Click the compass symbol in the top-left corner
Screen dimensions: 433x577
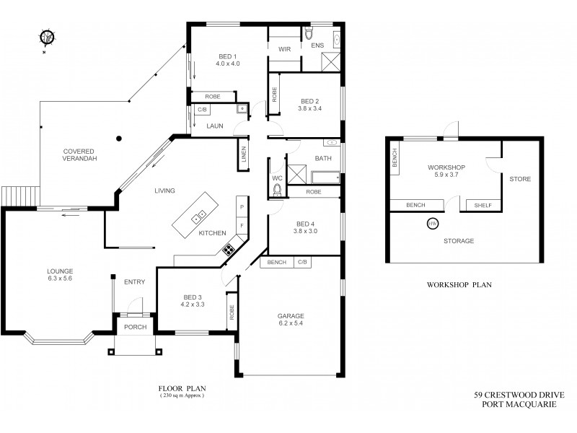(x=47, y=37)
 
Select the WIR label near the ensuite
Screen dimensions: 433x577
(x=284, y=49)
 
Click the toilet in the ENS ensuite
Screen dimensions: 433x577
(x=308, y=35)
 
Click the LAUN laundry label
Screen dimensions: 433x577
(x=215, y=125)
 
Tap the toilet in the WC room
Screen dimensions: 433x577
(x=278, y=190)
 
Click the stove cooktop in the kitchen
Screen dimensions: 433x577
(x=229, y=250)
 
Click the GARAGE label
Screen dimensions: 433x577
(x=291, y=315)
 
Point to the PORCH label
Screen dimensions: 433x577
(x=135, y=327)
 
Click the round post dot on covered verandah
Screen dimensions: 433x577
(x=120, y=137)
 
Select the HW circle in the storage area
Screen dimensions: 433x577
(x=433, y=224)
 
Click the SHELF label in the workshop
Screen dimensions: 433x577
(x=483, y=206)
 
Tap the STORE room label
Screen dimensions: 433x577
(x=521, y=178)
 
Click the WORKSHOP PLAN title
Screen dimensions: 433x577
(x=459, y=284)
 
